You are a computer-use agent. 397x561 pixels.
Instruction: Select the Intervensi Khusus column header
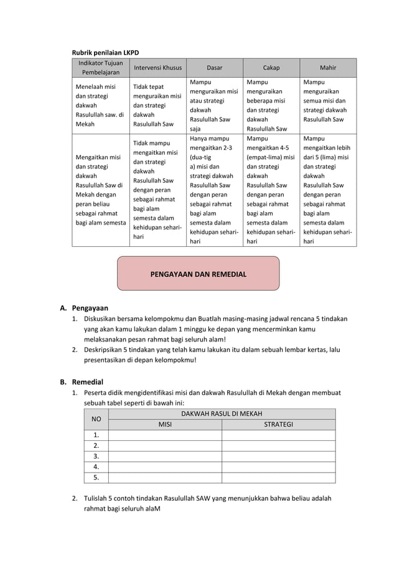[x=157, y=68]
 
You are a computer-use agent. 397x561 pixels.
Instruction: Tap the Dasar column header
[x=214, y=68]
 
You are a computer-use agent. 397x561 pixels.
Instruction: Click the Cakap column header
[x=271, y=68]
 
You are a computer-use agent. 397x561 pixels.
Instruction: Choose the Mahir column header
[x=328, y=68]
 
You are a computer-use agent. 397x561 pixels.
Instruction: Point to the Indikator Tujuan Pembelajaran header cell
[x=100, y=68]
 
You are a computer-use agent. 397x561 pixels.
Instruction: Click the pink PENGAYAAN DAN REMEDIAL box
[x=198, y=274]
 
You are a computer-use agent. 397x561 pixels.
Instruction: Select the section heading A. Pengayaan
[x=84, y=307]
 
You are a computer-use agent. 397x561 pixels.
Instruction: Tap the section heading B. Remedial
[x=82, y=381]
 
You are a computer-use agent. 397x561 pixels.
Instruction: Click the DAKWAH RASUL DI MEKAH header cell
[x=221, y=414]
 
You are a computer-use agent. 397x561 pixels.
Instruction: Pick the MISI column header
[x=164, y=425]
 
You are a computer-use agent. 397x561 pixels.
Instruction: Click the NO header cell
[x=96, y=419]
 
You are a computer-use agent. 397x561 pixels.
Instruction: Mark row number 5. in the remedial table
[x=96, y=478]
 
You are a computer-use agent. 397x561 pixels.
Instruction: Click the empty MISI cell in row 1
[x=164, y=435]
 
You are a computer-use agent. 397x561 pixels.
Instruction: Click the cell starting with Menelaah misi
[x=100, y=105]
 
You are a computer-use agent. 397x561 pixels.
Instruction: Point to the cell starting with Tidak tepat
[x=157, y=105]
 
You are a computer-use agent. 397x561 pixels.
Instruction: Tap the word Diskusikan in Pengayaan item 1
[x=103, y=318]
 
